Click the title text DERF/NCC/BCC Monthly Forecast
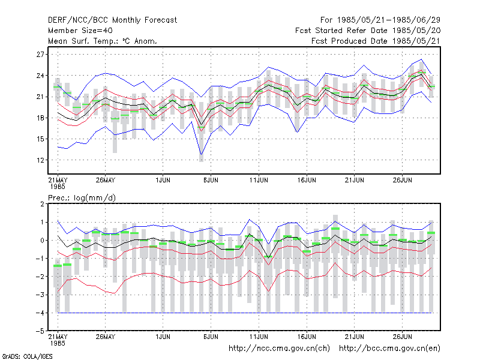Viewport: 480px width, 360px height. pos(112,20)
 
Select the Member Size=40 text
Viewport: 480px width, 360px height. pos(80,31)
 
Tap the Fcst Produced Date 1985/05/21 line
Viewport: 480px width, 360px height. pos(376,41)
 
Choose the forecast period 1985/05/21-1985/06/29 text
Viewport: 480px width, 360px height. pos(389,20)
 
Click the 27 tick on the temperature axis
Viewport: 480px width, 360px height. pos(40,55)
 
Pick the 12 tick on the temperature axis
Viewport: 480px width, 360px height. pos(40,160)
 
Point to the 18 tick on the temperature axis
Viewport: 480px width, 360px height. pos(40,118)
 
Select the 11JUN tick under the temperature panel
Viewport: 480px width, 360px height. pos(259,180)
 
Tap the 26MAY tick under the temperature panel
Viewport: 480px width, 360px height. pos(106,180)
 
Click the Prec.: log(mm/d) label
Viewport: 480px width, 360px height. pos(82,198)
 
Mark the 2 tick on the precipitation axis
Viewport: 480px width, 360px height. pos(42,204)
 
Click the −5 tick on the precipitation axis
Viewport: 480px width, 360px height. pos(40,331)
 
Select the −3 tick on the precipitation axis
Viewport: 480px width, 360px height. pos(40,295)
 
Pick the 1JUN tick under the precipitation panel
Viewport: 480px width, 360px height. pos(163,337)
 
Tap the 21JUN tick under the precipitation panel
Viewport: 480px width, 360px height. pos(355,337)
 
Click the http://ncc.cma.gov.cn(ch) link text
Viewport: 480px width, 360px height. pos(280,349)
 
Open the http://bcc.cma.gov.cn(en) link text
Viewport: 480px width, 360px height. pos(389,349)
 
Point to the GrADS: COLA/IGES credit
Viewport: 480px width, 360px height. pos(27,356)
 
